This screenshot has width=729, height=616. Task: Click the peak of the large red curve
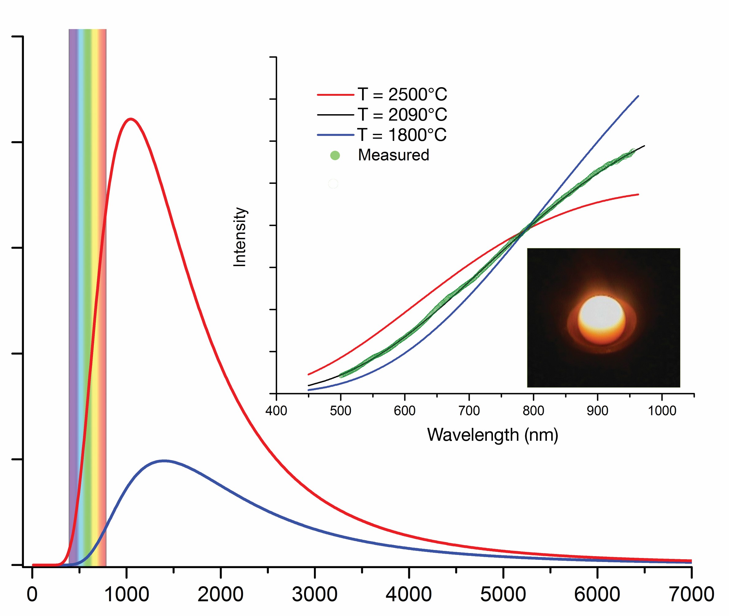pyautogui.click(x=131, y=119)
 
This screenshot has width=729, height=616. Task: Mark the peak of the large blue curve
pyautogui.click(x=164, y=461)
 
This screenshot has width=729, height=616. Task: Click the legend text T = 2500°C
pyautogui.click(x=402, y=94)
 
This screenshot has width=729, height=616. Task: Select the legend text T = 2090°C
pyautogui.click(x=402, y=114)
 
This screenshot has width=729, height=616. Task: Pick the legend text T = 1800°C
pyautogui.click(x=402, y=135)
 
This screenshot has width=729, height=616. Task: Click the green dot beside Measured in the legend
pyautogui.click(x=335, y=155)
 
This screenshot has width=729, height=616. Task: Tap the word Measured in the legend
pyautogui.click(x=393, y=155)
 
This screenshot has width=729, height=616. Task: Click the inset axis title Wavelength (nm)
pyautogui.click(x=493, y=435)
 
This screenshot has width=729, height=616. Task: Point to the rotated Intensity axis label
pyautogui.click(x=240, y=238)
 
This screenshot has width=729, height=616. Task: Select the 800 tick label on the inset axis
pyautogui.click(x=533, y=411)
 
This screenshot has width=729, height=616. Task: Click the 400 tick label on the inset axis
pyautogui.click(x=276, y=411)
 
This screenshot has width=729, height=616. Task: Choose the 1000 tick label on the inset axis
pyautogui.click(x=662, y=411)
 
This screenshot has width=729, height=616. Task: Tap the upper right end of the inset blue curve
pyautogui.click(x=638, y=96)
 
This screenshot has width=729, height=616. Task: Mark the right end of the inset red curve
pyautogui.click(x=638, y=195)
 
